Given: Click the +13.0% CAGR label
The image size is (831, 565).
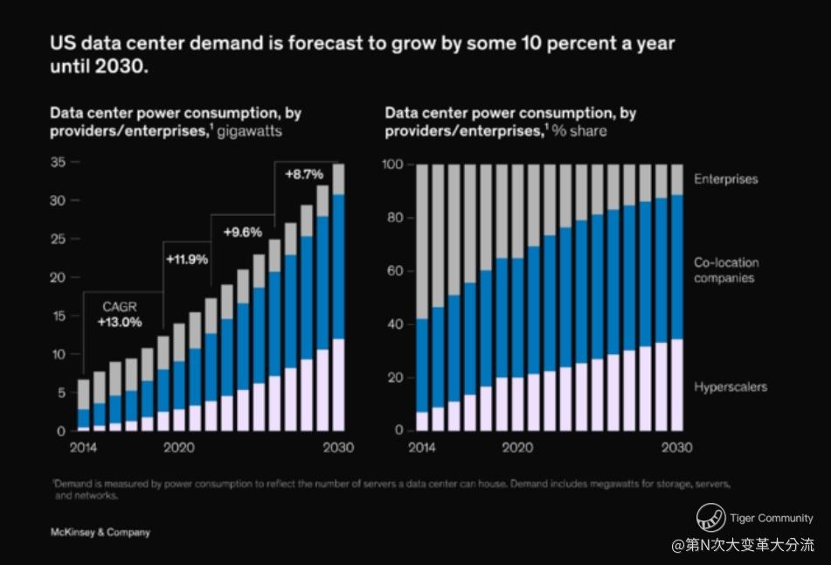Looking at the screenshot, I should [118, 322].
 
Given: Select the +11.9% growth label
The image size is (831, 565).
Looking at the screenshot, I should [187, 259].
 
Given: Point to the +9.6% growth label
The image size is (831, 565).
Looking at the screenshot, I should [243, 233].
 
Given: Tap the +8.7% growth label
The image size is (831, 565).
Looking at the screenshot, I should [304, 175].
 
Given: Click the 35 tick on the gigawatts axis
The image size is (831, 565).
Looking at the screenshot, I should [59, 163].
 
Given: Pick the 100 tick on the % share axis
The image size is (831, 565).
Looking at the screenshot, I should [393, 164].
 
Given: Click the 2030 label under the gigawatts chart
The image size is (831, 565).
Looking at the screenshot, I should [338, 447].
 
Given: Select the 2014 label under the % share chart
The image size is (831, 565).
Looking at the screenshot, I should [422, 447].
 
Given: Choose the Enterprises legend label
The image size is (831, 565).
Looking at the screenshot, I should [725, 179].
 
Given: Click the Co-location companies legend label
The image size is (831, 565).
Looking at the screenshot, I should [726, 270].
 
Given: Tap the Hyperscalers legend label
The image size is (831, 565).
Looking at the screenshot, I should [731, 387].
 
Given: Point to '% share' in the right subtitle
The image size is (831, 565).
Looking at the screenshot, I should [578, 131].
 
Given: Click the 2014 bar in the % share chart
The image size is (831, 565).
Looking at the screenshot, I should [422, 297].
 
